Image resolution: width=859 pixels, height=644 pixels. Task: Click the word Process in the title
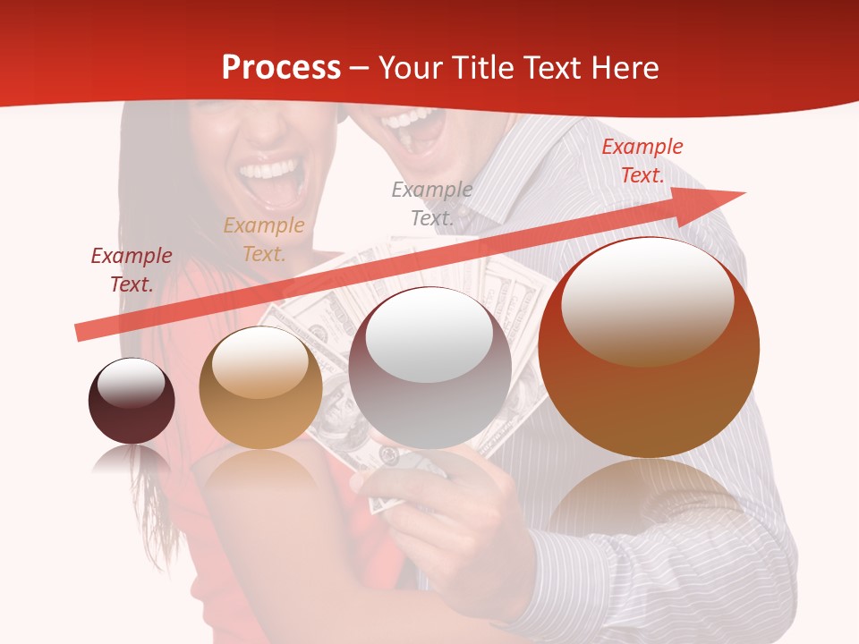tap(281, 67)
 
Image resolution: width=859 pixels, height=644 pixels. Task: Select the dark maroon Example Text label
tap(132, 270)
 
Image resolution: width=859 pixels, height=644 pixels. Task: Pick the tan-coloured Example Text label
tap(264, 240)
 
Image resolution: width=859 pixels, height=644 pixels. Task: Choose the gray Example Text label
tap(432, 203)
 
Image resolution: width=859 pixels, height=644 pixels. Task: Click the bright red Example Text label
tap(642, 161)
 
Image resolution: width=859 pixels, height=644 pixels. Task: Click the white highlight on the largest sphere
tap(647, 300)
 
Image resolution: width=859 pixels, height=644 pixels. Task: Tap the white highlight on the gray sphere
tap(429, 335)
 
